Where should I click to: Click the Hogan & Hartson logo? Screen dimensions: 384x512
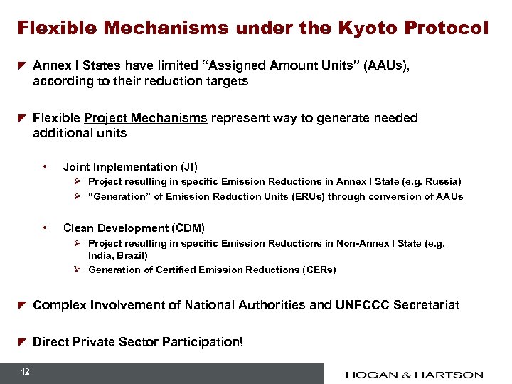415,374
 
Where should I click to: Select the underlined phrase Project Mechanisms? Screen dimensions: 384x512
146,118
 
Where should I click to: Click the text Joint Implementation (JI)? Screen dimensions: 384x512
130,167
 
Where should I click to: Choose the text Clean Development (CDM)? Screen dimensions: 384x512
134,228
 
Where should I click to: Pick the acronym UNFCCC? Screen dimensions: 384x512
344,305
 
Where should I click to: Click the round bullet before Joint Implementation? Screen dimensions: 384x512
45,167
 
